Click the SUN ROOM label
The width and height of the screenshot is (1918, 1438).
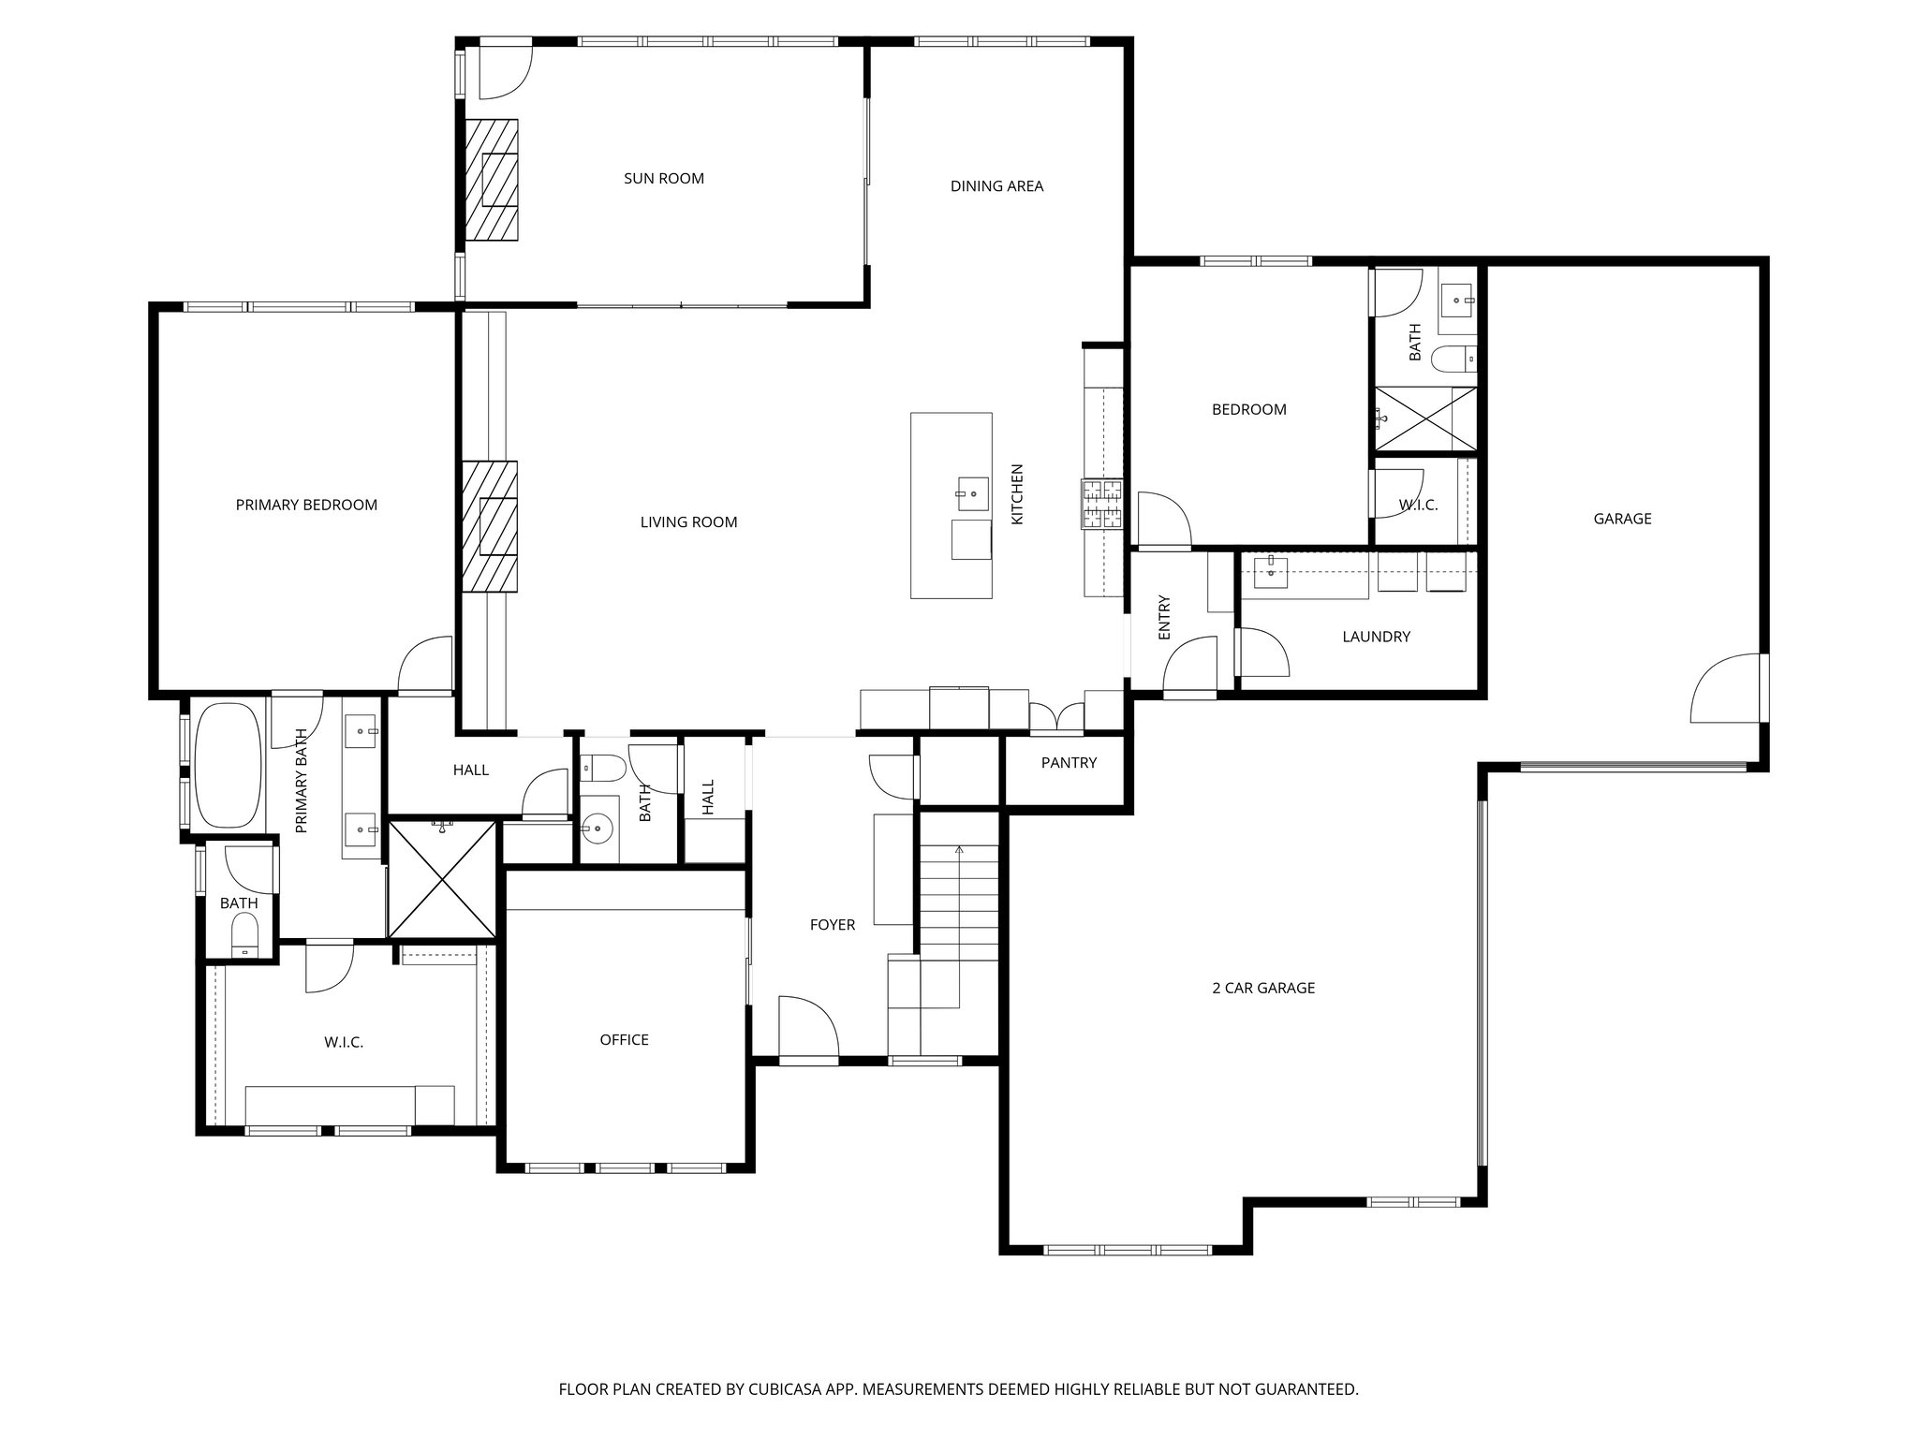point(663,179)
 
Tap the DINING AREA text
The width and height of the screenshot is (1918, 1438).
point(996,186)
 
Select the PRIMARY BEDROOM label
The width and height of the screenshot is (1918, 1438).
point(306,506)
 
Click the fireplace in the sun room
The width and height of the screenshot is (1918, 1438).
point(494,180)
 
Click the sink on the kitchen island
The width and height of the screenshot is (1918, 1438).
point(972,491)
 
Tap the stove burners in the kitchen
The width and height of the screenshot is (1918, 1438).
point(1102,505)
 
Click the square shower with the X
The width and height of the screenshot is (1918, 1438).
point(441,879)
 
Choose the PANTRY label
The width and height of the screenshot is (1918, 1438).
point(1068,763)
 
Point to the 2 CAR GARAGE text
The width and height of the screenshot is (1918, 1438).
point(1264,988)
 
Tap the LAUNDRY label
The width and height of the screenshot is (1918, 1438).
point(1376,638)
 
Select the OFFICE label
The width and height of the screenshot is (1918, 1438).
point(624,1040)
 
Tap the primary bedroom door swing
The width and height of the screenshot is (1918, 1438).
point(426,666)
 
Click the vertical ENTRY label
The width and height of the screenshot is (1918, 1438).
point(1164,618)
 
